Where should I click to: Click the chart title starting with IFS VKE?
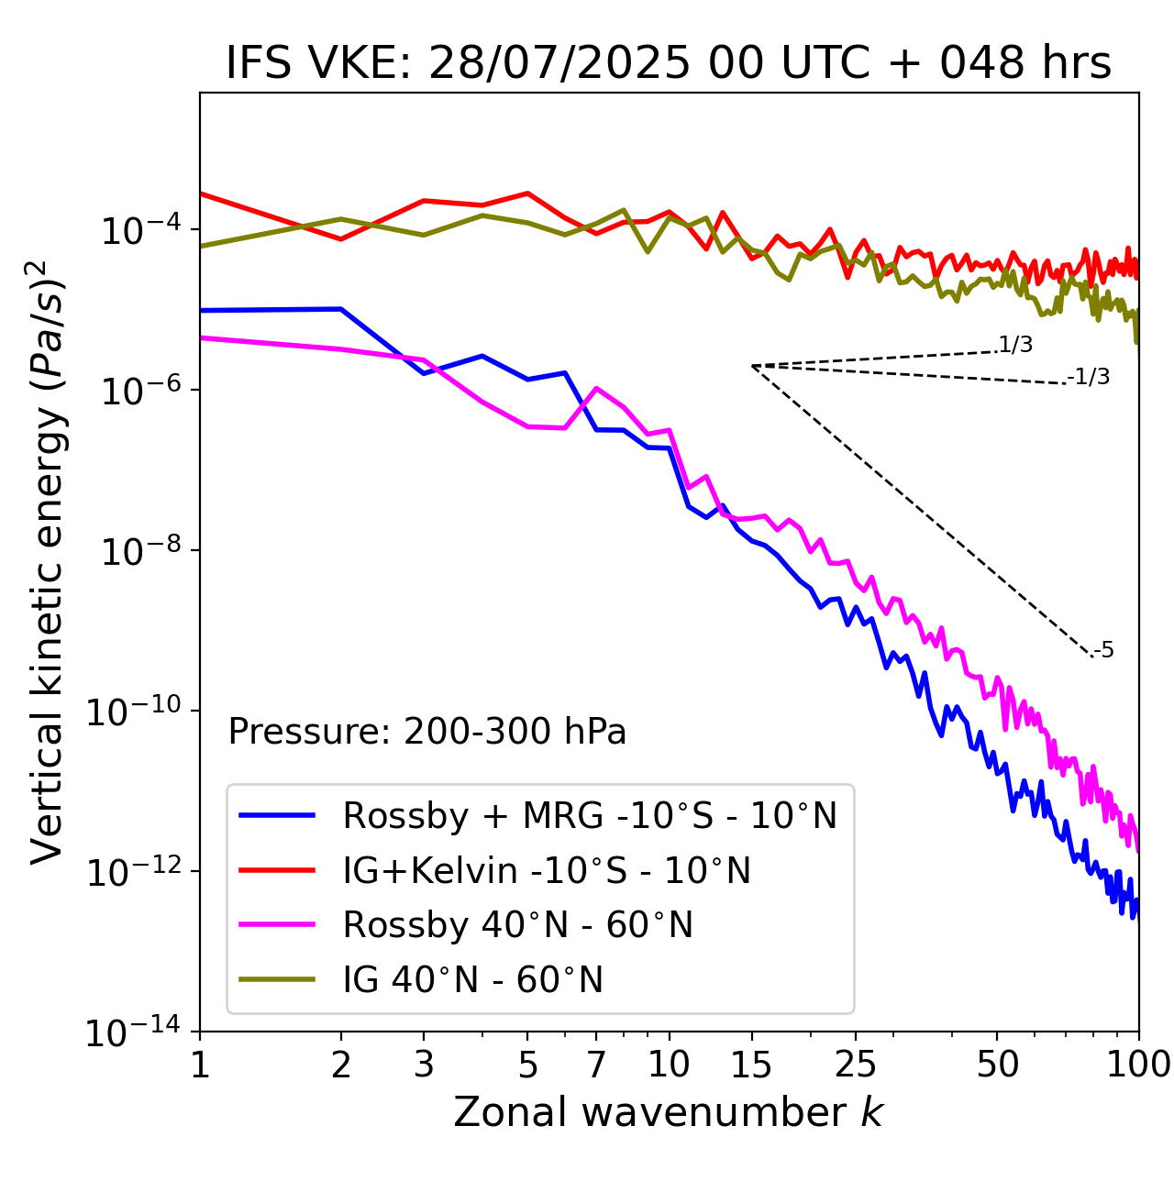pyautogui.click(x=668, y=64)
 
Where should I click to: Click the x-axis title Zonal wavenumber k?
pyautogui.click(x=668, y=1112)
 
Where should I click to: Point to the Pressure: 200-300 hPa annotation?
pyautogui.click(x=426, y=732)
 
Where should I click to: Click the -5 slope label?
pyautogui.click(x=1103, y=651)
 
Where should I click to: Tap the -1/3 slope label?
pyautogui.click(x=1089, y=377)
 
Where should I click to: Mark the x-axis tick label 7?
pyautogui.click(x=596, y=1065)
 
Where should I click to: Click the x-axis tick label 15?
pyautogui.click(x=751, y=1065)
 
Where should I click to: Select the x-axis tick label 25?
pyautogui.click(x=855, y=1065)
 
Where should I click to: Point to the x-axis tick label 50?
pyautogui.click(x=997, y=1065)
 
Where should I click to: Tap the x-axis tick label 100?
pyautogui.click(x=1138, y=1065)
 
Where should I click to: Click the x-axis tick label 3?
pyautogui.click(x=424, y=1065)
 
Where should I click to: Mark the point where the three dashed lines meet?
pyautogui.click(x=752, y=366)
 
